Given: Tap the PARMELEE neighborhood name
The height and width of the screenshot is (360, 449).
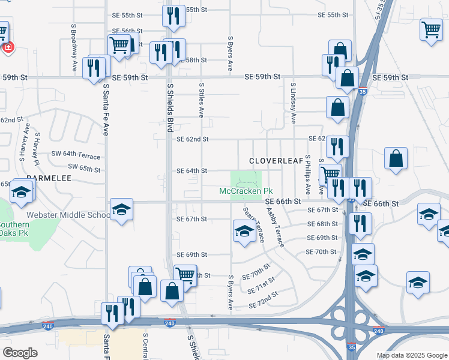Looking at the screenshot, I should coord(49,179).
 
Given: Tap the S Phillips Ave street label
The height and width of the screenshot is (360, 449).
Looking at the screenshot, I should coord(307,175).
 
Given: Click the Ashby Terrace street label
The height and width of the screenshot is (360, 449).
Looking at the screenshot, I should coord(276,227).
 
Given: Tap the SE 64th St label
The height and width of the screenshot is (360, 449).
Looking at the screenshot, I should coord(192,171).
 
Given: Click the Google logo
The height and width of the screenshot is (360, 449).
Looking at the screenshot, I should coord(20,353).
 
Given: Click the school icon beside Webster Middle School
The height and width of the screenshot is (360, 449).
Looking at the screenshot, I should coord(121,210).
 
